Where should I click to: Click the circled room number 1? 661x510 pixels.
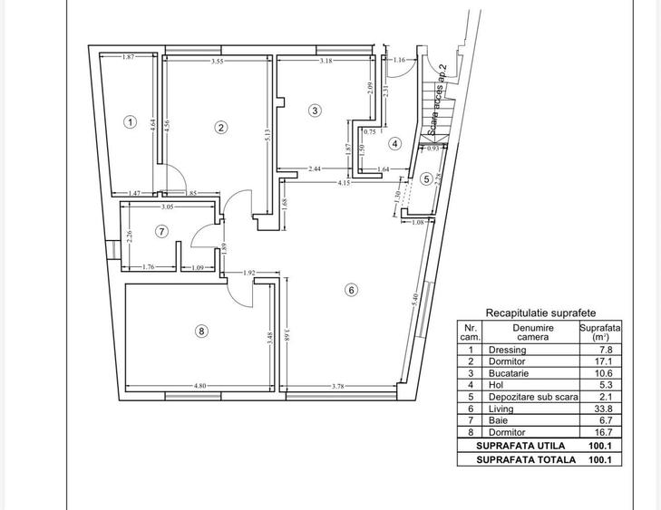(131, 121)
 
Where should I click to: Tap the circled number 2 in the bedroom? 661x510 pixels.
(220, 127)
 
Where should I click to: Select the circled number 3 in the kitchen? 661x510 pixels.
(315, 111)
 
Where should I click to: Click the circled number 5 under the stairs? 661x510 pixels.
(426, 179)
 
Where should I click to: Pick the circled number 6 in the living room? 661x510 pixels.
(351, 290)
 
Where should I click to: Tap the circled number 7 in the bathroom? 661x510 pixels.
(161, 231)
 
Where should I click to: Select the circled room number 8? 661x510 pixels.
(201, 332)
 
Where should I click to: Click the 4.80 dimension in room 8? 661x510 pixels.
(200, 386)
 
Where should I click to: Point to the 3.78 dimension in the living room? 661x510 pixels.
(336, 386)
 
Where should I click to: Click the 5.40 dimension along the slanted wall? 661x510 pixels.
(416, 298)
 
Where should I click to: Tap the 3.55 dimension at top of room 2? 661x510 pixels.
(218, 62)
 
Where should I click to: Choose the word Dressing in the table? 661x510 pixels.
(507, 350)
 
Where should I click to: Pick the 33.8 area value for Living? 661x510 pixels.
(606, 409)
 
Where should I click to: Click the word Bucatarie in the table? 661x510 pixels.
(510, 373)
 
